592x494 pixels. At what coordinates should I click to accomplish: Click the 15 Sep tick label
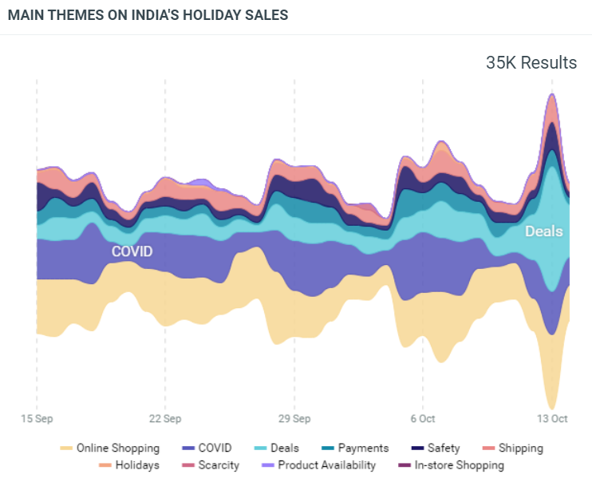coord(37,418)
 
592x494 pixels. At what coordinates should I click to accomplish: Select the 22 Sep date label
coord(165,418)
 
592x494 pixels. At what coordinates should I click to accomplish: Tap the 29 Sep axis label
coord(294,418)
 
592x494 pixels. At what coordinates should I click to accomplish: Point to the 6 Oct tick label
coord(423,418)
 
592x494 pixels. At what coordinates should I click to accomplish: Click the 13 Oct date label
coord(551,418)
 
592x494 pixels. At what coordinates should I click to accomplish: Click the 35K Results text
coord(531,63)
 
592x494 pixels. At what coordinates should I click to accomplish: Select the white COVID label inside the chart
coord(132,251)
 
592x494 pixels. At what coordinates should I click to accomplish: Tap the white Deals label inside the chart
coord(543,231)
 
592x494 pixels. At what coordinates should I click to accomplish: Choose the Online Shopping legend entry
coord(117,449)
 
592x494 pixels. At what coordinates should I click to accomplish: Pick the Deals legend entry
coord(285,449)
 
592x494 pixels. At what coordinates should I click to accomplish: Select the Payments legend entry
coord(363,449)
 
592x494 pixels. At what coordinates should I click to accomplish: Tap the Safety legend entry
coord(443,449)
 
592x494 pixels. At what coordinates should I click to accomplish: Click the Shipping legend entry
coord(520,449)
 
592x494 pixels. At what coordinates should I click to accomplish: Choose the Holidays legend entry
coord(136,465)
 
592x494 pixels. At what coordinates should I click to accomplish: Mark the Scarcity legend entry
coord(218,465)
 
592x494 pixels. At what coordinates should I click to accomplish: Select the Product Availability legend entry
coord(326,465)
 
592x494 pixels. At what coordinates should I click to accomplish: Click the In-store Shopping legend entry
coord(459,465)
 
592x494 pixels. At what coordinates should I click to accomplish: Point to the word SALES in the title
coord(270,15)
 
